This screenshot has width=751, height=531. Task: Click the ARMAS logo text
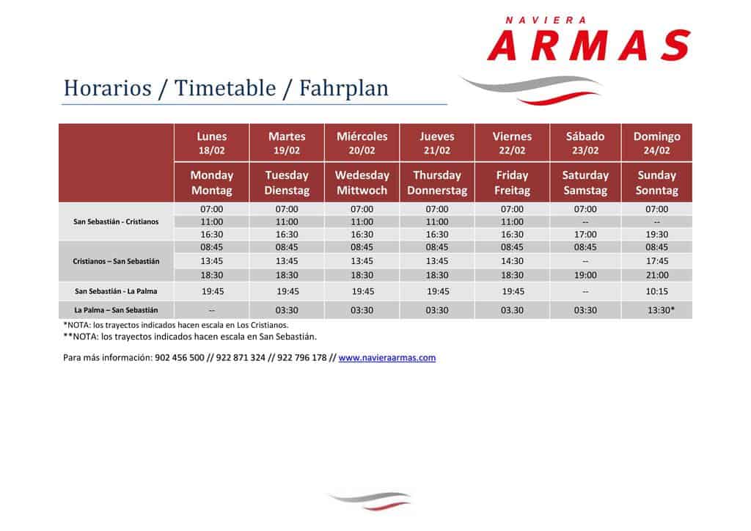pos(589,45)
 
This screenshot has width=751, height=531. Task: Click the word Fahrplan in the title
pos(344,88)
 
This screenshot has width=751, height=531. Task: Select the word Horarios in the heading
pos(108,88)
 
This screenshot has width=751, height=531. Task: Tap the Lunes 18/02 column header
pos(212,143)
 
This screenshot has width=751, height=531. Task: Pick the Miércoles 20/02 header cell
pos(362,143)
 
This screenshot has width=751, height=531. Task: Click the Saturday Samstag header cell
pos(585,183)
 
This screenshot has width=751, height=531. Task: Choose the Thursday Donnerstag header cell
pos(437,183)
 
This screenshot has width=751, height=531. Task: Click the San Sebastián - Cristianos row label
pos(116,221)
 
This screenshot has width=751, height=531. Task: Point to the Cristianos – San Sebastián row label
pos(116,261)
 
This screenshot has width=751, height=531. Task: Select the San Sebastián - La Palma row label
pos(116,291)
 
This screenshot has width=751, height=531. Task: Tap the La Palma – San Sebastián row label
pos(116,310)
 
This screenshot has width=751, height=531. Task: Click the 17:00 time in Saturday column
pos(585,235)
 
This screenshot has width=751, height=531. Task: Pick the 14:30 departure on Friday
pos(512,261)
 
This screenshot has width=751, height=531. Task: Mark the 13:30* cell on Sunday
pos(661,310)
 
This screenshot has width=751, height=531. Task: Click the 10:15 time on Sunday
pos(656,291)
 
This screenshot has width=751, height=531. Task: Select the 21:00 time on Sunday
pos(656,275)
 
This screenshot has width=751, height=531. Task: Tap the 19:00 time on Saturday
pos(585,275)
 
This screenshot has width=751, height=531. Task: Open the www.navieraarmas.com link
pos(387,358)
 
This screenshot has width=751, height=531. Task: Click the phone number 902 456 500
pos(180,358)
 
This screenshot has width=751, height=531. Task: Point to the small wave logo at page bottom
pos(370,500)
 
